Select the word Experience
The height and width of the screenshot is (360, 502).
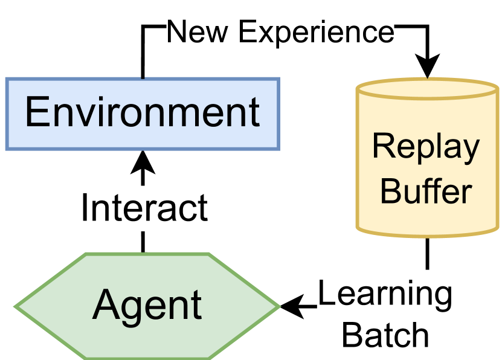(316, 31)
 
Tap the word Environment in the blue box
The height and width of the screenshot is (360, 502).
(143, 112)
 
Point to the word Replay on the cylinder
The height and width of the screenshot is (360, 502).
(426, 147)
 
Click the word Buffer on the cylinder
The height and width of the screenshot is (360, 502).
(426, 191)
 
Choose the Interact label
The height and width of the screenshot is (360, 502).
(144, 208)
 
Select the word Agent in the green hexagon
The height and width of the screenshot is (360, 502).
(147, 306)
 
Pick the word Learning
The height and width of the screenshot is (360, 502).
(385, 294)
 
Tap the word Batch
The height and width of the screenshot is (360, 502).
(385, 334)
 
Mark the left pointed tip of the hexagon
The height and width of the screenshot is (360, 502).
(16, 307)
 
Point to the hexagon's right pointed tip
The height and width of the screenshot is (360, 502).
(279, 307)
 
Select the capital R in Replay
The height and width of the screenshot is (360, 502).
(382, 147)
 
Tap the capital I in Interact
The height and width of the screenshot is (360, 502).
(85, 208)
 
